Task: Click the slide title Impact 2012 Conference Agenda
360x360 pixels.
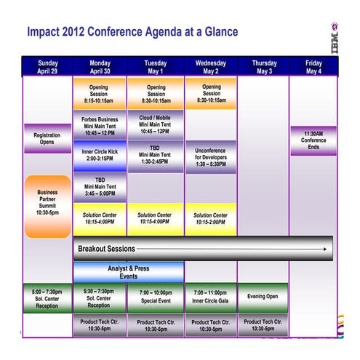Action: (132, 33)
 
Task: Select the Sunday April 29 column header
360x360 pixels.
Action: (47, 67)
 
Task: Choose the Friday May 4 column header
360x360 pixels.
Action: (313, 67)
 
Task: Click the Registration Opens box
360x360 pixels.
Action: (47, 137)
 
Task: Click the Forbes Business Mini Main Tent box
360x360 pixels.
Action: (100, 125)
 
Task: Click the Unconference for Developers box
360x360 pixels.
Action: (211, 156)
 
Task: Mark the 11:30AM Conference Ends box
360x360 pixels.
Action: (313, 140)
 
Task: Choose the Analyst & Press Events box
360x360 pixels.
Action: (128, 272)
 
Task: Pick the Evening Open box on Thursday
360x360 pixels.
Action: (263, 296)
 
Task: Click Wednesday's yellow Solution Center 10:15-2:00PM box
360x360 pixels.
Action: (211, 218)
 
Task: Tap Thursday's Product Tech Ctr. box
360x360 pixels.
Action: (263, 325)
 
